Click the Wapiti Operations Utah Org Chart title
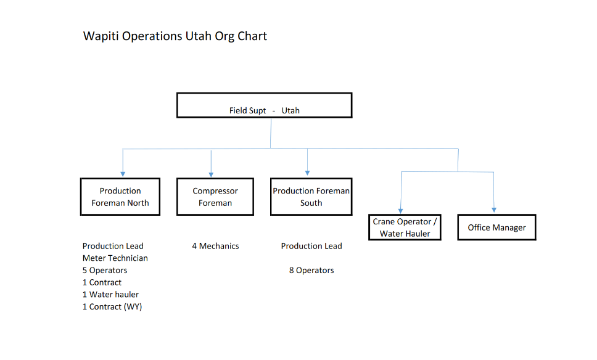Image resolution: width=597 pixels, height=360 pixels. click(x=175, y=36)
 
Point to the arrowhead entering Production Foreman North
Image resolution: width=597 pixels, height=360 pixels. click(x=123, y=174)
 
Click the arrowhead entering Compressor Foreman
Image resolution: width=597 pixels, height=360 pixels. click(x=211, y=174)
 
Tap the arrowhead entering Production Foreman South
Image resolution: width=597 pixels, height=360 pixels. click(x=307, y=173)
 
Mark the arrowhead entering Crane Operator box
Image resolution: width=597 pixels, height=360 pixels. click(x=400, y=211)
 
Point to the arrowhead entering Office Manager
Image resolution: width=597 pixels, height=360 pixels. click(x=494, y=210)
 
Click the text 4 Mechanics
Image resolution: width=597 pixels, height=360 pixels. click(x=215, y=246)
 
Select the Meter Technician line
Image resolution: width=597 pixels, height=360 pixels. click(x=115, y=258)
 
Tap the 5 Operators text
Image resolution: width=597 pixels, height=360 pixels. click(x=105, y=270)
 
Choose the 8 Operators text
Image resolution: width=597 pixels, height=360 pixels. click(x=311, y=270)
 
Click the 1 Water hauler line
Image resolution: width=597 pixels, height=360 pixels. click(x=110, y=295)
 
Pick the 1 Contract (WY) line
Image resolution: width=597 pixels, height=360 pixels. click(x=112, y=307)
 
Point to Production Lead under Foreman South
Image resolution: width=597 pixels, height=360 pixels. click(x=311, y=246)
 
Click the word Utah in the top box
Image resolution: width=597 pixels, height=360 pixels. click(x=290, y=110)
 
